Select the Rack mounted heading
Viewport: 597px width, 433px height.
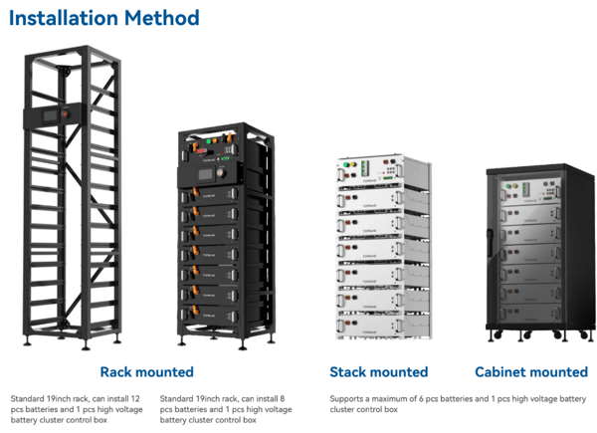click(x=146, y=371)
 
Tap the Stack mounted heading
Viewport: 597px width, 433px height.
click(x=378, y=371)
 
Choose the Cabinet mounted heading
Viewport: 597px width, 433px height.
click(x=530, y=371)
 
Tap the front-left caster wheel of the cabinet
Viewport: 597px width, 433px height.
click(x=493, y=332)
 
